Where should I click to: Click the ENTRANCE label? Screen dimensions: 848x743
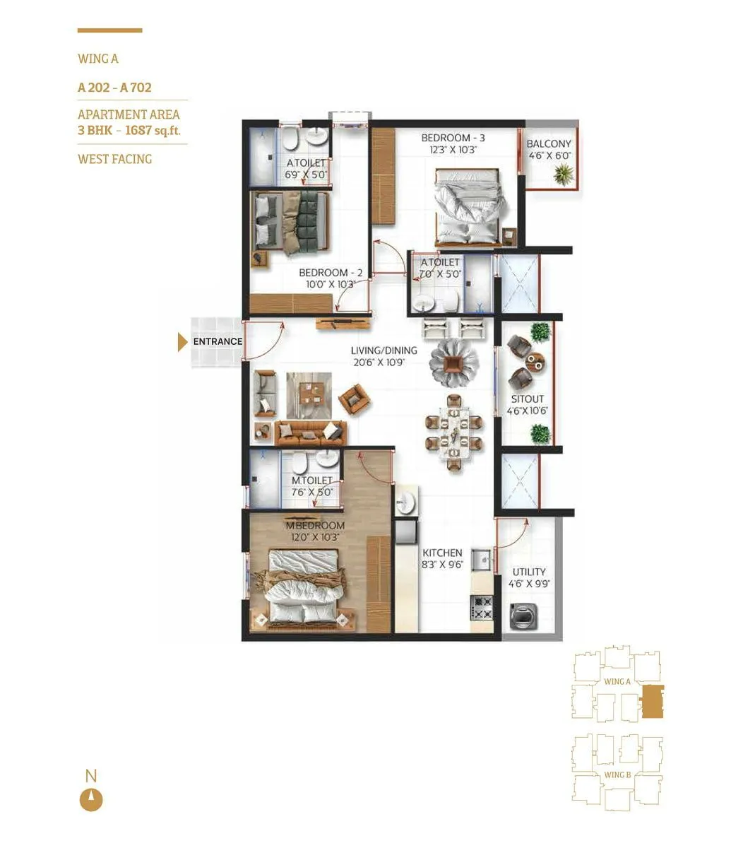(x=218, y=341)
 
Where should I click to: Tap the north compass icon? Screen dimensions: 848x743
(x=91, y=800)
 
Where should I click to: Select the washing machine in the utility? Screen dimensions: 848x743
(x=525, y=616)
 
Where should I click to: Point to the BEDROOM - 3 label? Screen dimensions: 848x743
(x=453, y=138)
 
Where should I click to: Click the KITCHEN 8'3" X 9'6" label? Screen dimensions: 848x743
(x=442, y=558)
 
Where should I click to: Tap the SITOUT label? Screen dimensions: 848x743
(x=528, y=399)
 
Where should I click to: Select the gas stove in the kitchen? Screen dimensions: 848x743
(x=482, y=606)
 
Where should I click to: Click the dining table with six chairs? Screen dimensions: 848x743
(x=453, y=432)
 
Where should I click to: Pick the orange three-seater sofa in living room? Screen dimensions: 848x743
(x=310, y=431)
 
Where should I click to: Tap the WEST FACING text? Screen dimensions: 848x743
(x=114, y=159)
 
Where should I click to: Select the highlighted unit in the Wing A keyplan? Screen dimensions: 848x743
(x=652, y=702)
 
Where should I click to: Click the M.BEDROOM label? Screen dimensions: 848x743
(x=315, y=526)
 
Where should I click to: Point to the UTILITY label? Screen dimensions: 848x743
(x=529, y=572)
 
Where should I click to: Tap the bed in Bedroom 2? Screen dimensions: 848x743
(x=291, y=221)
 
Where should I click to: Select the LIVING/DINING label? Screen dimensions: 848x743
(x=384, y=351)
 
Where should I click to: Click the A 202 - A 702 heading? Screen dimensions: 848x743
(x=114, y=88)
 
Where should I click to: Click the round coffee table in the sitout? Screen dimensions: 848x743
(x=535, y=361)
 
